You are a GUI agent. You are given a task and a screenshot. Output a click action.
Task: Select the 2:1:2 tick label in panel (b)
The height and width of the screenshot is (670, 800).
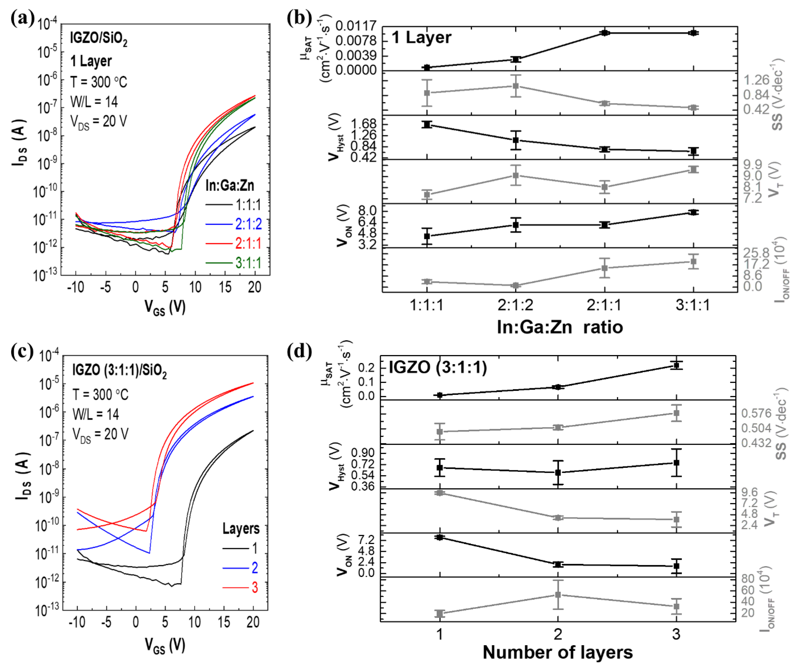coord(515,305)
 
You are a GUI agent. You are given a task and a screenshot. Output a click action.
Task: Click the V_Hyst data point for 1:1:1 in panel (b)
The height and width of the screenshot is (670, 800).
coord(427,124)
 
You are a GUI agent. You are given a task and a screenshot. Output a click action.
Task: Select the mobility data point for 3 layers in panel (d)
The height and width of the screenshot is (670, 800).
coord(676,365)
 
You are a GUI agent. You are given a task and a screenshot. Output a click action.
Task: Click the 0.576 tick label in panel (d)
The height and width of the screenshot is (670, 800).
coord(756,413)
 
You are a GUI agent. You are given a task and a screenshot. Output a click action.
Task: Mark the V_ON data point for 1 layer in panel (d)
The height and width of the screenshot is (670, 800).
coord(440,537)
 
